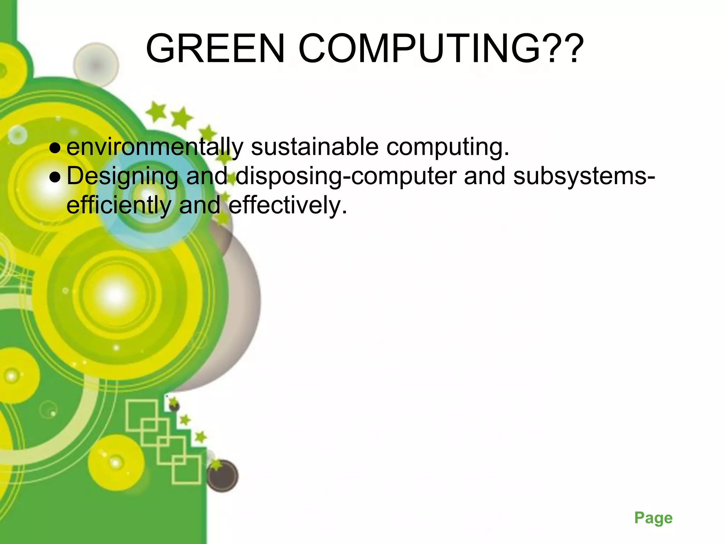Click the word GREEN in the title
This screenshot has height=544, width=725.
(x=215, y=49)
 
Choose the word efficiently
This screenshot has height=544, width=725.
(x=119, y=206)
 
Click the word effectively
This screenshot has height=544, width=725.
(x=287, y=205)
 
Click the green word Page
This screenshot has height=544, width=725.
(x=653, y=518)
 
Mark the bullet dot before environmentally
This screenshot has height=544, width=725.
(x=55, y=148)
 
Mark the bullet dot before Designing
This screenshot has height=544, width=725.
(x=55, y=177)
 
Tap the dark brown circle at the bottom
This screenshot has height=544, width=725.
(x=222, y=476)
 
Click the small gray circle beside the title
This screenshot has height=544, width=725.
(x=96, y=65)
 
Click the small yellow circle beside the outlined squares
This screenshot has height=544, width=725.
(x=115, y=462)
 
